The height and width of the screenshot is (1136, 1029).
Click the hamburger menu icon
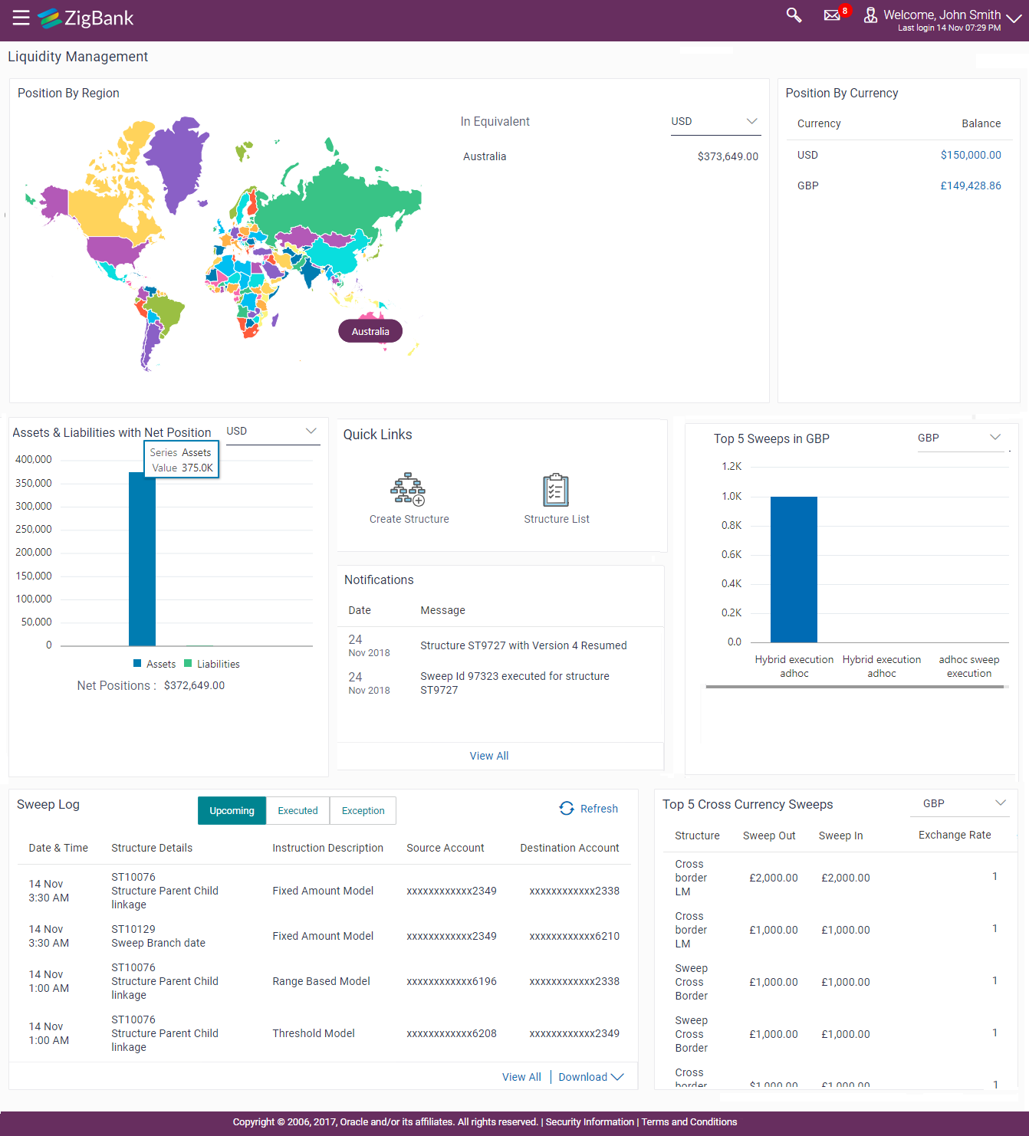[x=21, y=18]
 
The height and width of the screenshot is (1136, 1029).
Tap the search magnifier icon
[x=794, y=15]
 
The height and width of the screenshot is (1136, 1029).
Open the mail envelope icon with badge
[x=832, y=15]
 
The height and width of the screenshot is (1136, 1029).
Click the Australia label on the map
[x=370, y=331]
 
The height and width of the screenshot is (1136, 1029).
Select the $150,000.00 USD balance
[x=971, y=155]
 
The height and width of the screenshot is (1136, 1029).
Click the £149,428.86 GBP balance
[x=971, y=186]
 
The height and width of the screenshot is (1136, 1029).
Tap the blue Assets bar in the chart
[x=142, y=560]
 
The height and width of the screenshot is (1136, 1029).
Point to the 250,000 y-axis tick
[x=34, y=529]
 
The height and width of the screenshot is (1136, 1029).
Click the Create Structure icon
[x=408, y=490]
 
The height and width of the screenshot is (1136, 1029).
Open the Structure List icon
[x=556, y=490]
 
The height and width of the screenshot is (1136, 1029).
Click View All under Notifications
[x=489, y=756]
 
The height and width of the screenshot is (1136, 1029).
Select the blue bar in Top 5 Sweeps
[x=794, y=569]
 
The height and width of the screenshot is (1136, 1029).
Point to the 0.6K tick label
[x=731, y=554]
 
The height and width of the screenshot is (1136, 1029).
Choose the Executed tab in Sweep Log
[x=298, y=810]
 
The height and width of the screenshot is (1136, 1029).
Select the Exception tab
[x=363, y=810]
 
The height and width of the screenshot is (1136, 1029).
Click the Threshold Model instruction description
[x=314, y=1033]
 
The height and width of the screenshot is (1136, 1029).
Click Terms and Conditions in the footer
[x=689, y=1121]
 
